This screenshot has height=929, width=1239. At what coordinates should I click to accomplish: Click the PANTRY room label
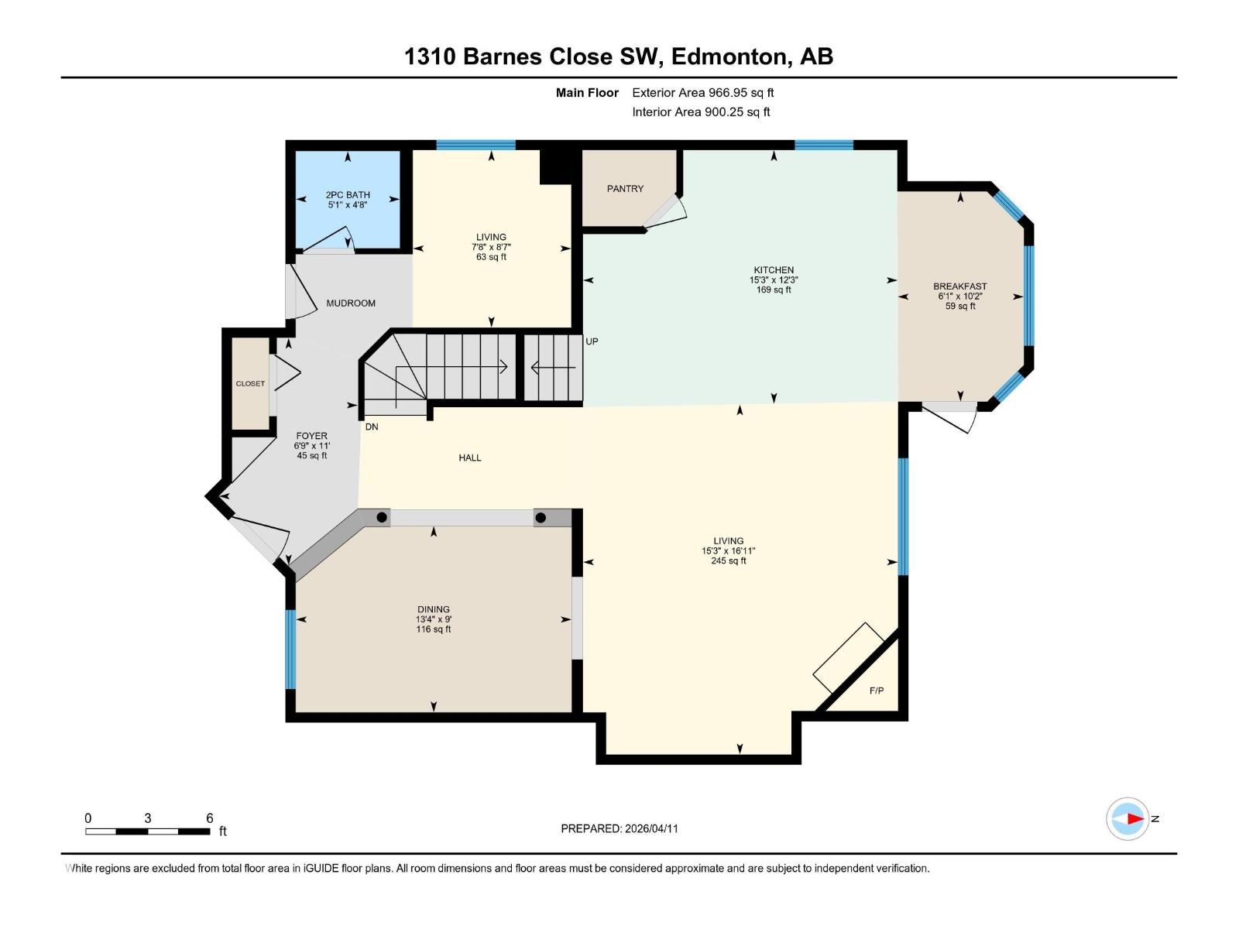[625, 188]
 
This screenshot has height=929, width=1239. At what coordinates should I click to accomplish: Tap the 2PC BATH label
[348, 195]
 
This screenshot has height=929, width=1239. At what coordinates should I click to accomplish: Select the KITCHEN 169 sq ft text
[774, 290]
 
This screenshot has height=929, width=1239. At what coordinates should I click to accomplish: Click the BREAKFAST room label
[959, 286]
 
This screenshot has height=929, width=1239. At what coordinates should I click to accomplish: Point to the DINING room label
[433, 609]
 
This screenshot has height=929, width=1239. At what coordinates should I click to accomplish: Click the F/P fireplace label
[877, 691]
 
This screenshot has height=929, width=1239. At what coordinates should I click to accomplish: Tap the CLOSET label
[250, 383]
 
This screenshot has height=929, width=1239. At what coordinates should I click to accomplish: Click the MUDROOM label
[351, 303]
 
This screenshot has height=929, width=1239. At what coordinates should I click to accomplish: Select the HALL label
[470, 458]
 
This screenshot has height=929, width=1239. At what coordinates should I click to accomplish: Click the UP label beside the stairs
[592, 341]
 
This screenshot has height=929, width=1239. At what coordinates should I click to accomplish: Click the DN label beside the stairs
[372, 427]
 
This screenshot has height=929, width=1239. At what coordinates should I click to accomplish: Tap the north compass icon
[1127, 818]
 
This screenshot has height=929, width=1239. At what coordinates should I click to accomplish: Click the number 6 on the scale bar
[209, 818]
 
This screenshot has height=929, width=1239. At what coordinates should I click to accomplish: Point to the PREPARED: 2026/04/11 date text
[619, 828]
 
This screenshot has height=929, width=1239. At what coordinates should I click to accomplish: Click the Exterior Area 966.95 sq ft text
[702, 92]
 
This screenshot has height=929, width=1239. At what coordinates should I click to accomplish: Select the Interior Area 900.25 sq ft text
[701, 111]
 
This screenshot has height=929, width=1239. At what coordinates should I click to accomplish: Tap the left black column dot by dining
[382, 517]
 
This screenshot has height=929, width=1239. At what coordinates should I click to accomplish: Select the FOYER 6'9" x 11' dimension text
[311, 446]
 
